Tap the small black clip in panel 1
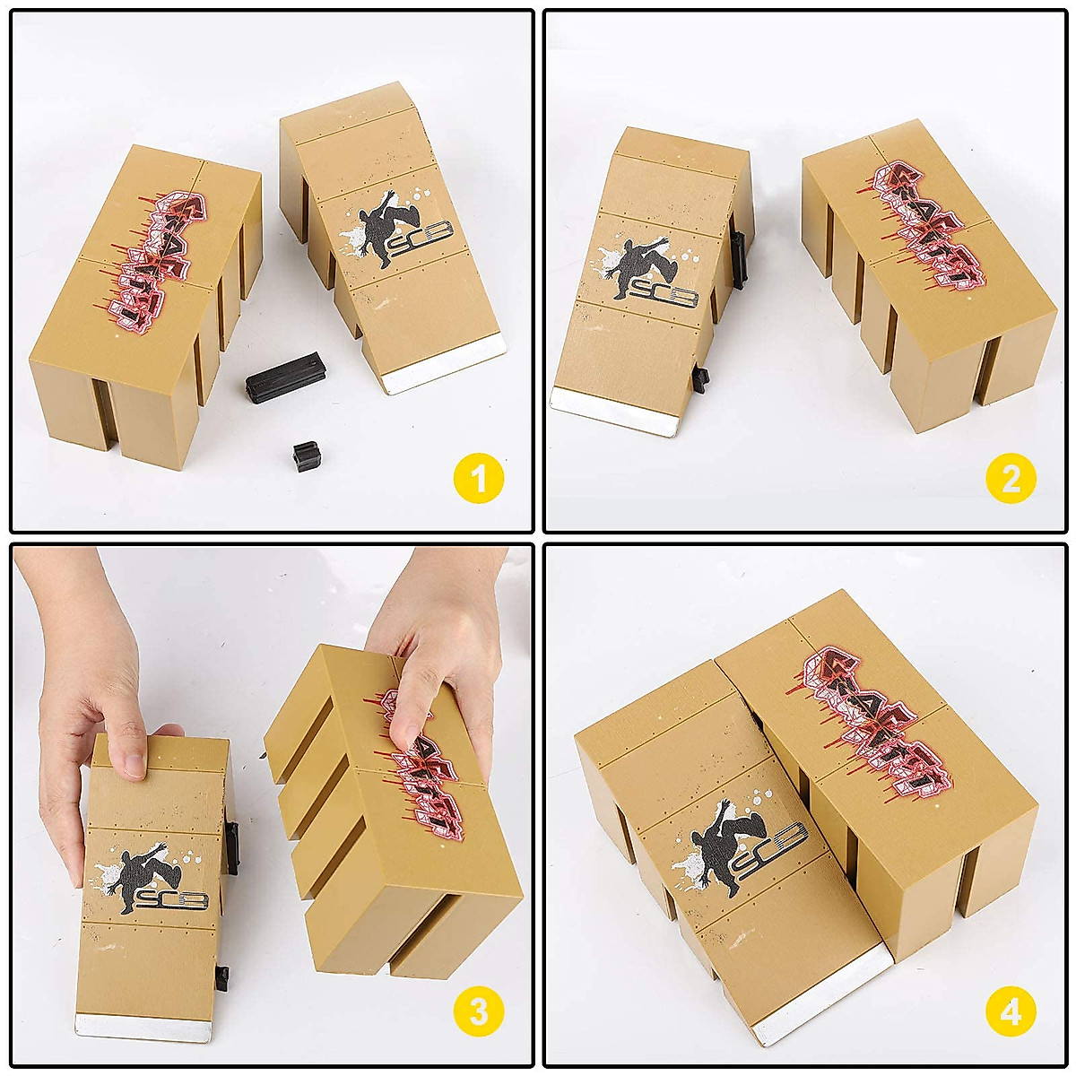pos(305,456)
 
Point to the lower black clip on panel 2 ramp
pos(700,378)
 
